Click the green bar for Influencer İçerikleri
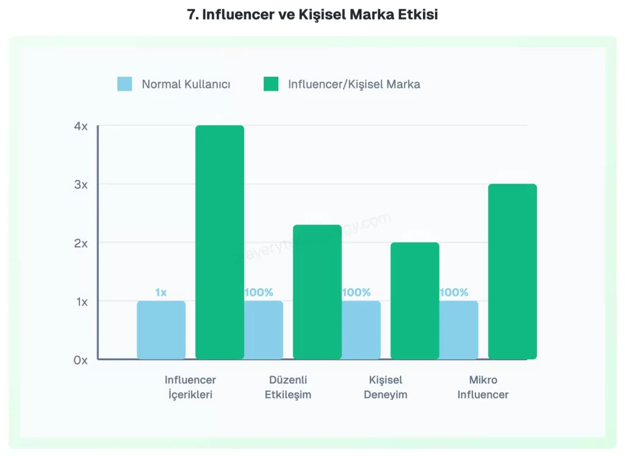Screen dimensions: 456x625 point(220,242)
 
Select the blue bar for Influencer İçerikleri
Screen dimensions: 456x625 point(161,330)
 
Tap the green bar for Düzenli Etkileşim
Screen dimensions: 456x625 point(317,292)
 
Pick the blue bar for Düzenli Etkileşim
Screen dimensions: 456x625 point(264,330)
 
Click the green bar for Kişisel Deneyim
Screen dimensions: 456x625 point(415,301)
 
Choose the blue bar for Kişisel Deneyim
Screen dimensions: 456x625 point(361,330)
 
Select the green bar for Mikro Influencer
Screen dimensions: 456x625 point(513,271)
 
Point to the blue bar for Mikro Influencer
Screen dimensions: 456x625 point(459,330)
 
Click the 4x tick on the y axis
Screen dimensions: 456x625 point(81,126)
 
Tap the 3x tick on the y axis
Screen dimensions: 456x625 point(81,184)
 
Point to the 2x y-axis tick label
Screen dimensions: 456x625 point(81,243)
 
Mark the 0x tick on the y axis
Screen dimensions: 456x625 point(81,360)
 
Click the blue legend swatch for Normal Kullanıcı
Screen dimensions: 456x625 point(125,84)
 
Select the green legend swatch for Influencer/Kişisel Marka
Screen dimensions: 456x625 point(271,84)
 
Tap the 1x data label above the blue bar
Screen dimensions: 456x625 point(161,293)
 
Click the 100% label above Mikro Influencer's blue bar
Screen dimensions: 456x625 point(454,293)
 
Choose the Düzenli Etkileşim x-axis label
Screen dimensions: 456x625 point(288,387)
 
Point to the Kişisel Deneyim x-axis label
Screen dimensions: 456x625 point(386,387)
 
